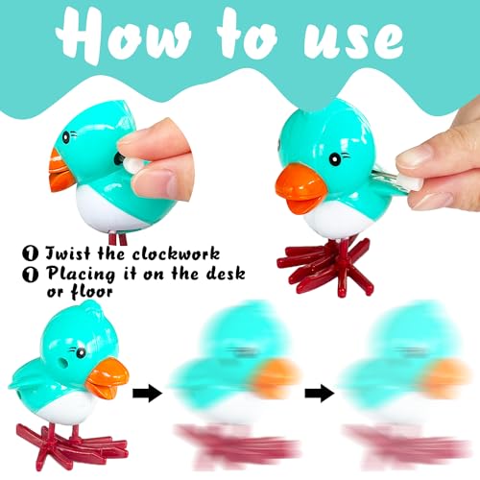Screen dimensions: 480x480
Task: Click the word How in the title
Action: pos(124,35)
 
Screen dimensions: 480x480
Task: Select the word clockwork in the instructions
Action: pos(177,253)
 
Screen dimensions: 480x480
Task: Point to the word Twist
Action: pos(68,253)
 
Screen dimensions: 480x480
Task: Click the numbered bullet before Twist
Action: pos(31,253)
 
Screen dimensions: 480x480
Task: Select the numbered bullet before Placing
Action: pos(31,275)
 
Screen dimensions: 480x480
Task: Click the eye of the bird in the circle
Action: pos(66,137)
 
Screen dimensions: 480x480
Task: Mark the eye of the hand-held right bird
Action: pos(335,158)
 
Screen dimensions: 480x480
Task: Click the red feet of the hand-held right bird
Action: pos(324,266)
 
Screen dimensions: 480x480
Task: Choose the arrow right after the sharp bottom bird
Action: pos(148,394)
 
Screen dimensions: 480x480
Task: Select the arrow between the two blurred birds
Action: pos(320,394)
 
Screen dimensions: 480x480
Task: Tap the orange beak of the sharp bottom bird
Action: pos(108,378)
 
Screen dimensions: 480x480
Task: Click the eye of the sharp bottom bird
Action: pos(81,352)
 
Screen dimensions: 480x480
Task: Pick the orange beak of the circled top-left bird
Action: pos(60,171)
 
